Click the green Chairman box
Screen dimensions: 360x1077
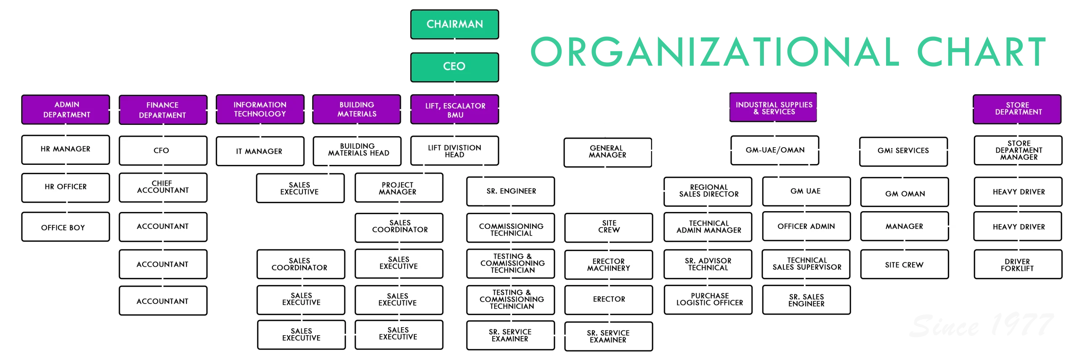[x=455, y=24]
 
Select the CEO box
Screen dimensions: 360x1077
[x=455, y=66]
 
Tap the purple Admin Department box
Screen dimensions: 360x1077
[x=66, y=110]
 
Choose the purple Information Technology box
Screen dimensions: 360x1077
[x=260, y=109]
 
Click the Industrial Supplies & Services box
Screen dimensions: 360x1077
[x=773, y=108]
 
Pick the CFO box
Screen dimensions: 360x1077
[x=163, y=151]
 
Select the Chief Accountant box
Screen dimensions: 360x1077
[x=163, y=187]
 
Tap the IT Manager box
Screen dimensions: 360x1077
[x=260, y=151]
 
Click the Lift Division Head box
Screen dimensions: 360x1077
[x=455, y=151]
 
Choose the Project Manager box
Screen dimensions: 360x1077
[x=398, y=188]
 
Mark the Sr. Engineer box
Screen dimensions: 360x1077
[x=511, y=191]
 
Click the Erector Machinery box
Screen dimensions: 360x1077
[x=609, y=265]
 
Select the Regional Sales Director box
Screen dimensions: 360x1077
[x=708, y=191]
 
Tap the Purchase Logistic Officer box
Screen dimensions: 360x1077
[x=709, y=299]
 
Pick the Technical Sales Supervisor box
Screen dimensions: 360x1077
[x=806, y=264]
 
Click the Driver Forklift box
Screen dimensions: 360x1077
[x=1018, y=265]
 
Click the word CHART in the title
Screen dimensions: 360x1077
[x=980, y=51]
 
